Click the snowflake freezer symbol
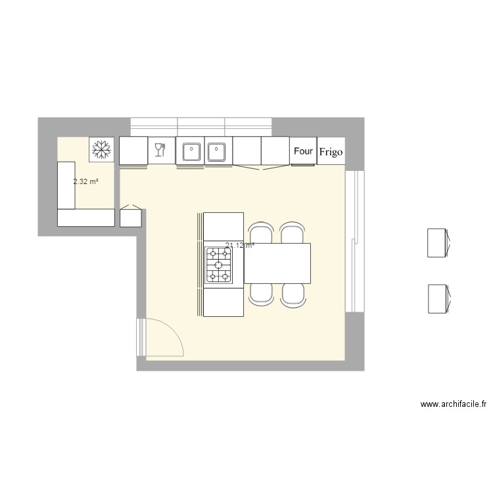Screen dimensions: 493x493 pyautogui.click(x=101, y=150)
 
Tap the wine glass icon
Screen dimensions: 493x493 pyautogui.click(x=158, y=151)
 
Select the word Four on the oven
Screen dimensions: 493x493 pyautogui.click(x=303, y=151)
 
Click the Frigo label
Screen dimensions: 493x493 pyautogui.click(x=331, y=152)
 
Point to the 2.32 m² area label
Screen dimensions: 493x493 pyautogui.click(x=85, y=181)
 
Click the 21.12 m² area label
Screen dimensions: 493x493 pyautogui.click(x=239, y=246)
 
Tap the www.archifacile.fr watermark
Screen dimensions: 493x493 pyautogui.click(x=454, y=405)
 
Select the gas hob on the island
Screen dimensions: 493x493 pyautogui.click(x=219, y=265)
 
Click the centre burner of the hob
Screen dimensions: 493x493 pyautogui.click(x=219, y=265)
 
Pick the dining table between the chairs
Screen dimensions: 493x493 pyautogui.click(x=277, y=263)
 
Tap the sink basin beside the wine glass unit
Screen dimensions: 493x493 pyautogui.click(x=190, y=151)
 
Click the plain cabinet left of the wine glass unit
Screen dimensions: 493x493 pyautogui.click(x=133, y=151)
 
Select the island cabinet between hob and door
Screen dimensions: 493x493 pyautogui.click(x=223, y=301)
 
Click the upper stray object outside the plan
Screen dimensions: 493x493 pyautogui.click(x=437, y=243)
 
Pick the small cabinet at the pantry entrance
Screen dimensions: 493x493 pyautogui.click(x=131, y=218)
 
